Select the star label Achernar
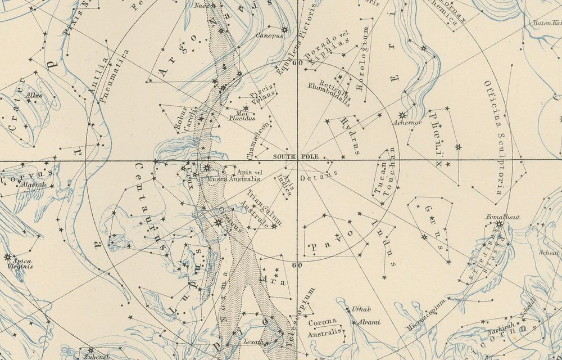coord(408,122)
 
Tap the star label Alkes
coord(34,96)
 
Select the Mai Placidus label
coord(242,115)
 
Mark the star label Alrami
coord(369,322)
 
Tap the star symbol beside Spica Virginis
coord(7,258)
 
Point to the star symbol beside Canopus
coord(284,30)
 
